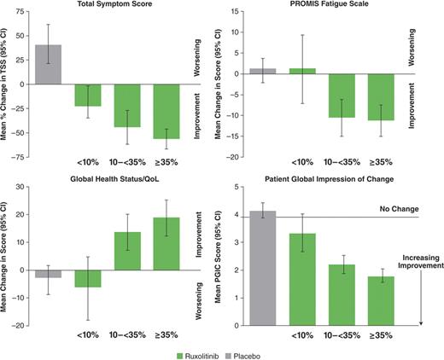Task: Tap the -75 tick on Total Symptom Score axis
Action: (27, 157)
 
